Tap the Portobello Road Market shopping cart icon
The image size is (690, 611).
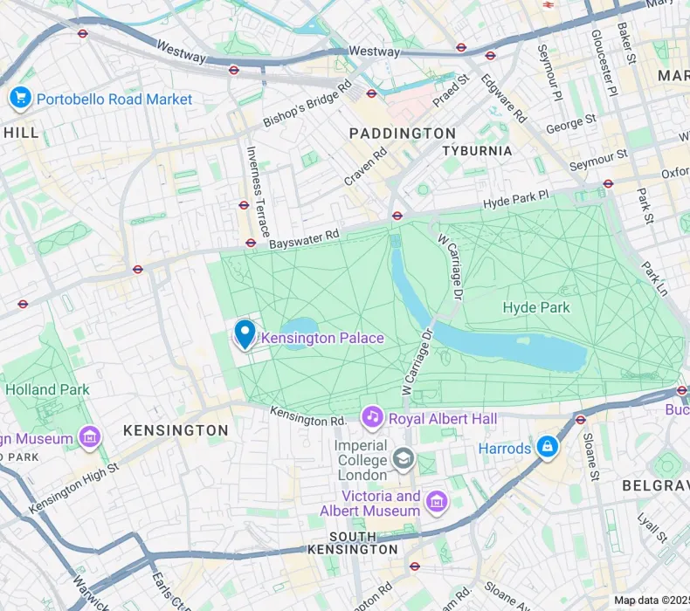pos(19,99)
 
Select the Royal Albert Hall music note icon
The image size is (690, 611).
pos(373,418)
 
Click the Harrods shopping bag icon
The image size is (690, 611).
pos(548,448)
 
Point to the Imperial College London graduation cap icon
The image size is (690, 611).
pos(403,457)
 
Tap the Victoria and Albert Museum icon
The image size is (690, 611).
pos(437,501)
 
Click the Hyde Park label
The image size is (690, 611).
pos(536,307)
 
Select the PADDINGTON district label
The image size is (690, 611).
pos(402,134)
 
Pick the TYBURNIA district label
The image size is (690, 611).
pos(477,151)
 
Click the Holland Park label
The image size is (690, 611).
pos(47,389)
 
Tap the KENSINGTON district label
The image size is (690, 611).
pos(176,430)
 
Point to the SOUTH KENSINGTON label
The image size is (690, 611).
pos(363,543)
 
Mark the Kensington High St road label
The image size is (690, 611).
pos(73,489)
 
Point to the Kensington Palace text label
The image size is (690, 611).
pos(322,338)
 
